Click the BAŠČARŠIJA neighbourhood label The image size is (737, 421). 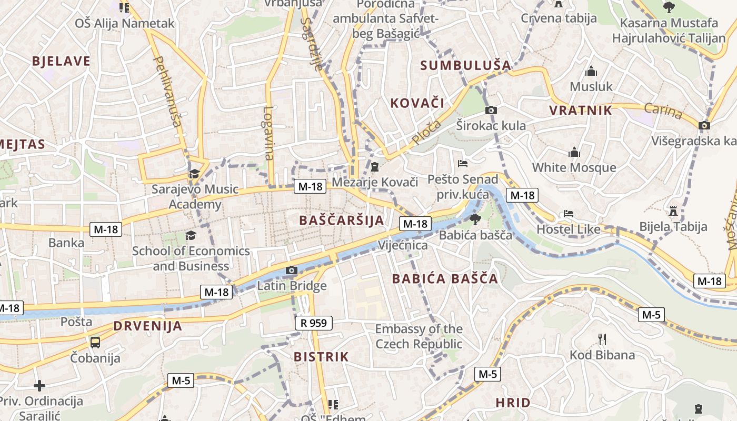[x=342, y=220]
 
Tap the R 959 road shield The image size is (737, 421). [x=314, y=323]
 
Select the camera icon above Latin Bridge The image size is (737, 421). [x=291, y=270]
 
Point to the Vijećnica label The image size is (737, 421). [x=403, y=245]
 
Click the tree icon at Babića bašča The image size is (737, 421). [x=475, y=219]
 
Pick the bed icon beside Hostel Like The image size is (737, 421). [x=569, y=214]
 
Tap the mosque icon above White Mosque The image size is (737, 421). [x=574, y=153]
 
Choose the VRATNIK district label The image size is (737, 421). [x=581, y=111]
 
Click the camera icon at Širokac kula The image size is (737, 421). [x=491, y=110]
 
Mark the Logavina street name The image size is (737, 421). [x=269, y=134]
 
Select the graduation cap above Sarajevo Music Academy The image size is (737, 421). [x=194, y=174]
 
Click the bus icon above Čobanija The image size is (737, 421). [x=95, y=342]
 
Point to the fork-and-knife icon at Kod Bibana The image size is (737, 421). [x=602, y=339]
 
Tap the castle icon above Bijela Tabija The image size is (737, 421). [x=673, y=211]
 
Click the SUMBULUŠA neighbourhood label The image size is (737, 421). [x=466, y=66]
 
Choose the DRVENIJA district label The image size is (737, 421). [x=148, y=326]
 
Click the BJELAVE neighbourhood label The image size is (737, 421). [x=61, y=61]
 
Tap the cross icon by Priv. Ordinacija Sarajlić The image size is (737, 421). [x=39, y=386]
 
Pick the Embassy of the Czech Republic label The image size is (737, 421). [x=419, y=337]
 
